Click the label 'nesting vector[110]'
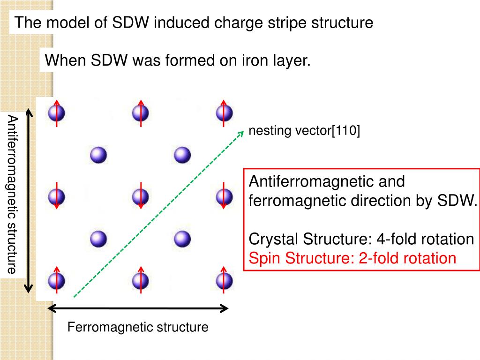point(304,131)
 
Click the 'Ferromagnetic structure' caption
point(138,327)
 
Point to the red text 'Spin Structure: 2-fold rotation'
point(352,258)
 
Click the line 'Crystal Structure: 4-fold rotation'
point(361,239)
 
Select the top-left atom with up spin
point(56,112)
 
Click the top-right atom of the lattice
point(224,112)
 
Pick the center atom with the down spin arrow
point(140,197)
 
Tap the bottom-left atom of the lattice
point(56,281)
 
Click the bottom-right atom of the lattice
point(224,281)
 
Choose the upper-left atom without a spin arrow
point(98,155)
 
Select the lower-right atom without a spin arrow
point(182,239)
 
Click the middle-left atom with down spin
point(56,197)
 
